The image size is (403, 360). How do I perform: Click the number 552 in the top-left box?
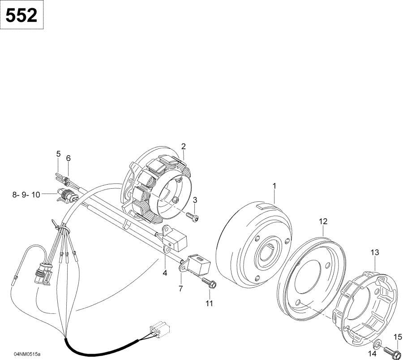click(21, 15)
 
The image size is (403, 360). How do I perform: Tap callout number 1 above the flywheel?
click(274, 186)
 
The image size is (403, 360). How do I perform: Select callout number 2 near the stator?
click(183, 147)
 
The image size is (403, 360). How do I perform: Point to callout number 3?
click(195, 200)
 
